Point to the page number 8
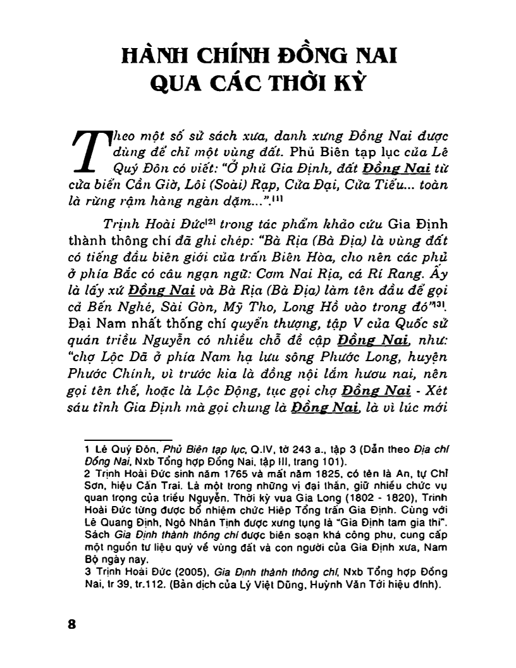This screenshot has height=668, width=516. [71, 623]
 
